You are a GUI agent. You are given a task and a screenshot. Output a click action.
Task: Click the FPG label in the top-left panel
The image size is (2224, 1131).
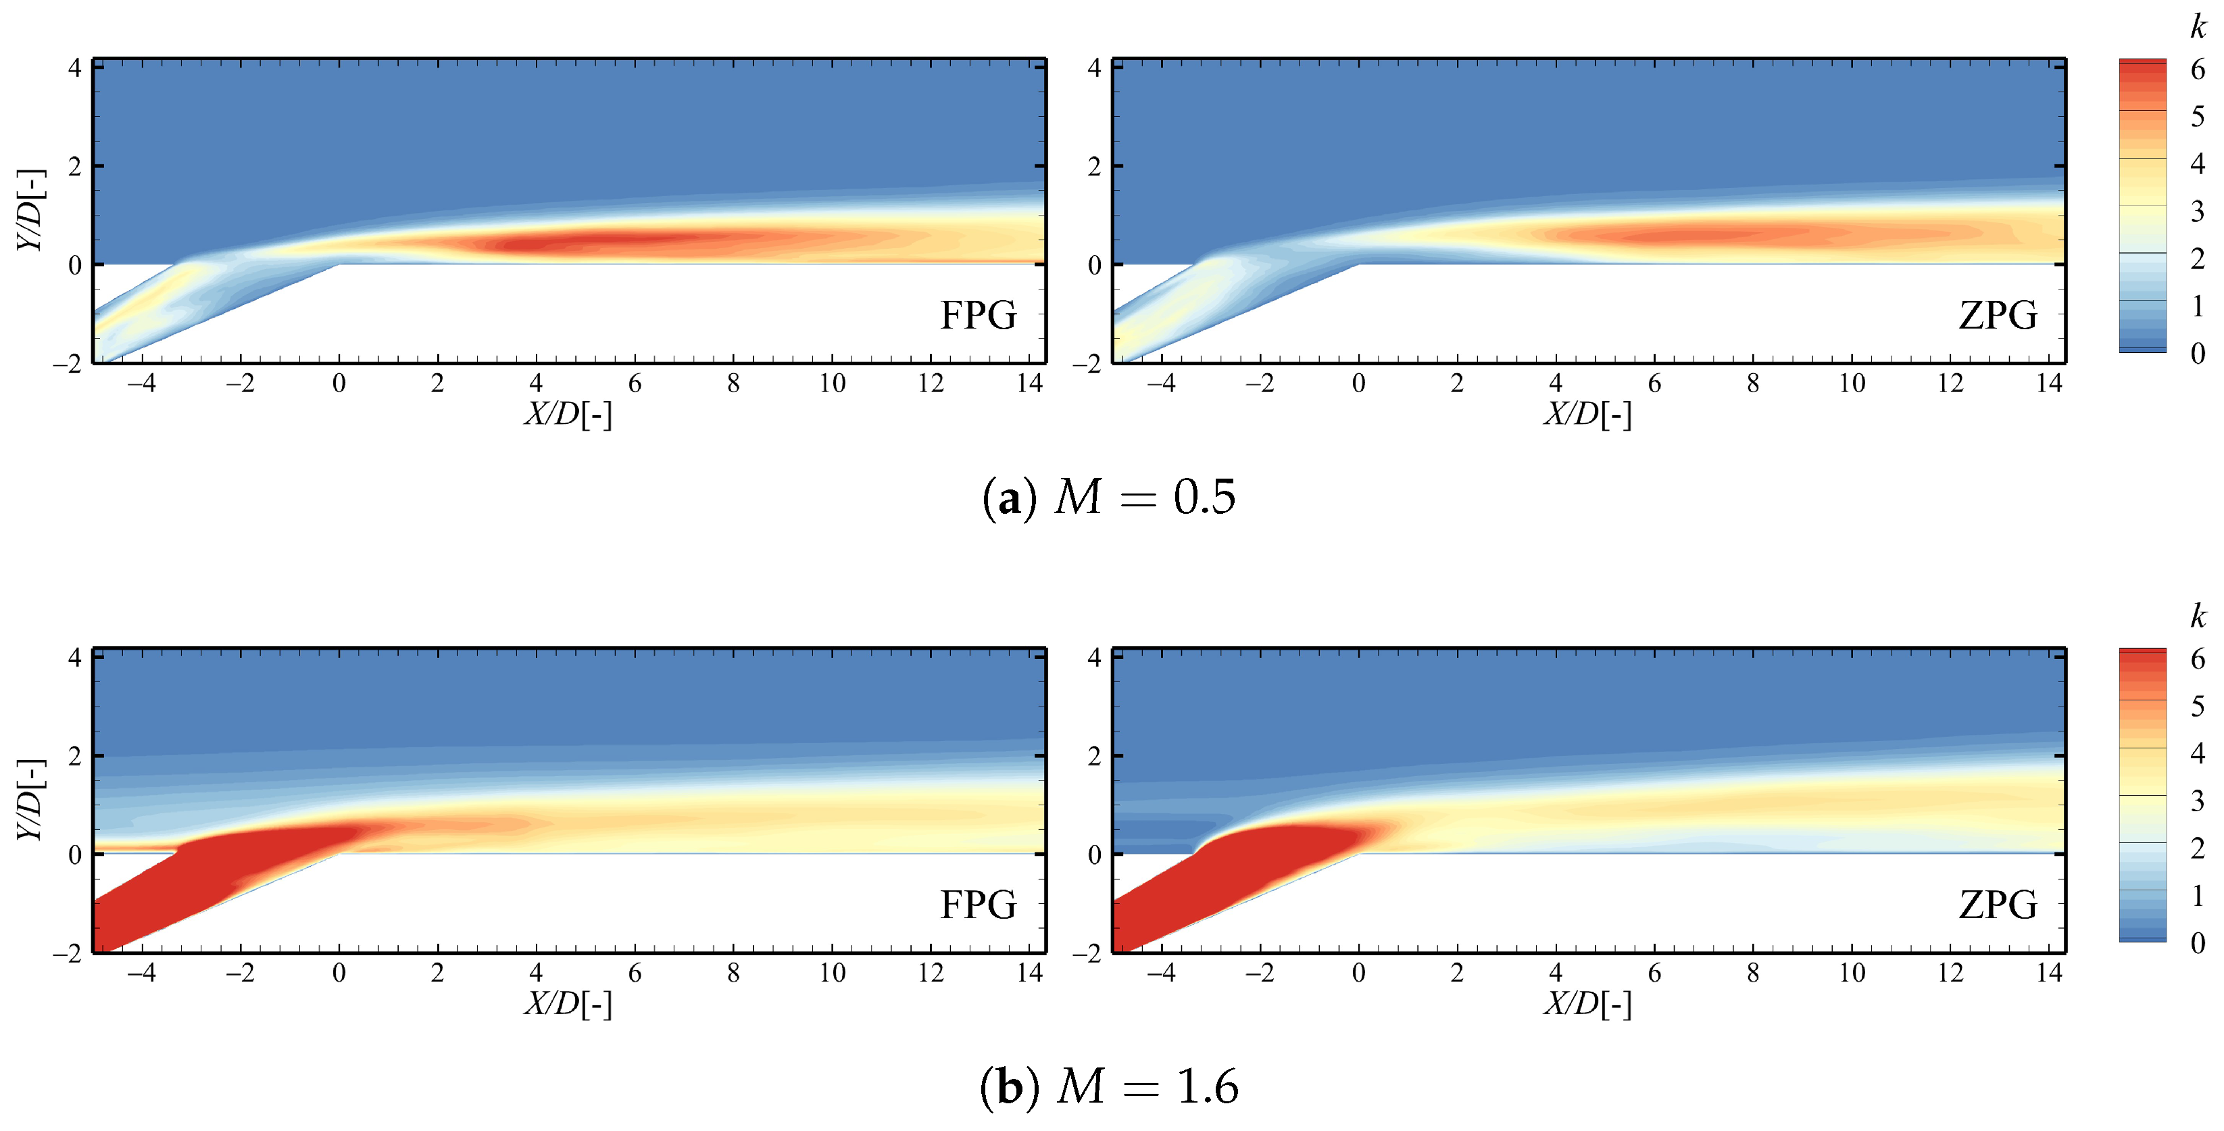(978, 315)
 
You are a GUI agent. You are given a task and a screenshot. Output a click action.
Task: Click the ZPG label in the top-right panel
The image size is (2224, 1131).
(1998, 315)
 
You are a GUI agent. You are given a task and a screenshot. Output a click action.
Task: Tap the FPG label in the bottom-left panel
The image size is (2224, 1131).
(978, 905)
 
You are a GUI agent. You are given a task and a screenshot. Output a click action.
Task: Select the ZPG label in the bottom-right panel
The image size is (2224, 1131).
(1998, 905)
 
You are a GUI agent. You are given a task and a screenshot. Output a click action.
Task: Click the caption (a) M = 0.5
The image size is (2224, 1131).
(1110, 498)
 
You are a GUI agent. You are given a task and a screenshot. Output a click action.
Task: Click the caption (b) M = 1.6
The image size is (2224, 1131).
(1110, 1086)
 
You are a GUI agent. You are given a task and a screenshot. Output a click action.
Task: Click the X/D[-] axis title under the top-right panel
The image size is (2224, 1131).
(1587, 414)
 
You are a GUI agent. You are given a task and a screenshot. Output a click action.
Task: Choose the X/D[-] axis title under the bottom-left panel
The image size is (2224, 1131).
(568, 1004)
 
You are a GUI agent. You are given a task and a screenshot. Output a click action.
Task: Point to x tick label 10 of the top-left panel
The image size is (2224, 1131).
(831, 383)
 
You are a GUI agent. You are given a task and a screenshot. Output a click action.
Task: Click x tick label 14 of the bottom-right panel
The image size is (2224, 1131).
(2049, 973)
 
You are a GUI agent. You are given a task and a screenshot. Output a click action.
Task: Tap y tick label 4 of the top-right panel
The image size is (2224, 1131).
(1094, 68)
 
